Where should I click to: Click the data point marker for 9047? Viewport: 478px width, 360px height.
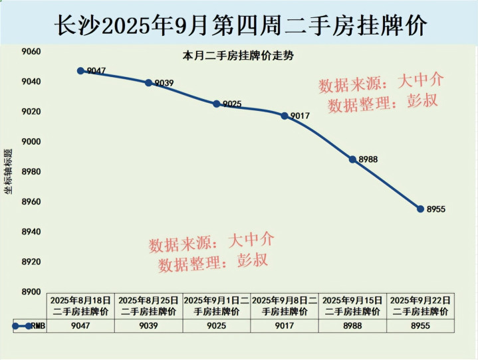tap(80, 70)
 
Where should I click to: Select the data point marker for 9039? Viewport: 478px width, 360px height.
tap(148, 82)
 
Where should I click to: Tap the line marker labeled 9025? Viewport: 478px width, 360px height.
tap(216, 104)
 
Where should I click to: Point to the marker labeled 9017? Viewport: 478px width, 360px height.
tap(285, 116)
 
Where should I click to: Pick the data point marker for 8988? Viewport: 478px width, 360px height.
tap(352, 159)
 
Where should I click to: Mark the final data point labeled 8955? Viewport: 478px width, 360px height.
tap(420, 209)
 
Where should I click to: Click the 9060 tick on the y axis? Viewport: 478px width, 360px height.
tap(31, 52)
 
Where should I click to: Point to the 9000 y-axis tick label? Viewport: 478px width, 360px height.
tap(31, 142)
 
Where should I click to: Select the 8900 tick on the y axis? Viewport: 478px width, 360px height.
tap(31, 292)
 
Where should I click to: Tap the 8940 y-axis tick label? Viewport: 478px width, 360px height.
tap(31, 232)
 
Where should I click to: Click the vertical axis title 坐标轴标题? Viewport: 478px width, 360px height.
tap(9, 172)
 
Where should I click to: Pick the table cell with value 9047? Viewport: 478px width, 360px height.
tap(80, 326)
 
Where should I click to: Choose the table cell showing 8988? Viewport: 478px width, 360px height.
tap(352, 326)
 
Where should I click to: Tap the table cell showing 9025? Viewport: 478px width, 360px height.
tap(216, 326)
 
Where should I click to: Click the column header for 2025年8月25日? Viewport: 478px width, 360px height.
tap(148, 306)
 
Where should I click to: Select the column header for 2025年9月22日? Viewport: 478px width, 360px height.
tap(420, 306)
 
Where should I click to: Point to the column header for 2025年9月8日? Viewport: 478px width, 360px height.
tap(285, 306)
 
